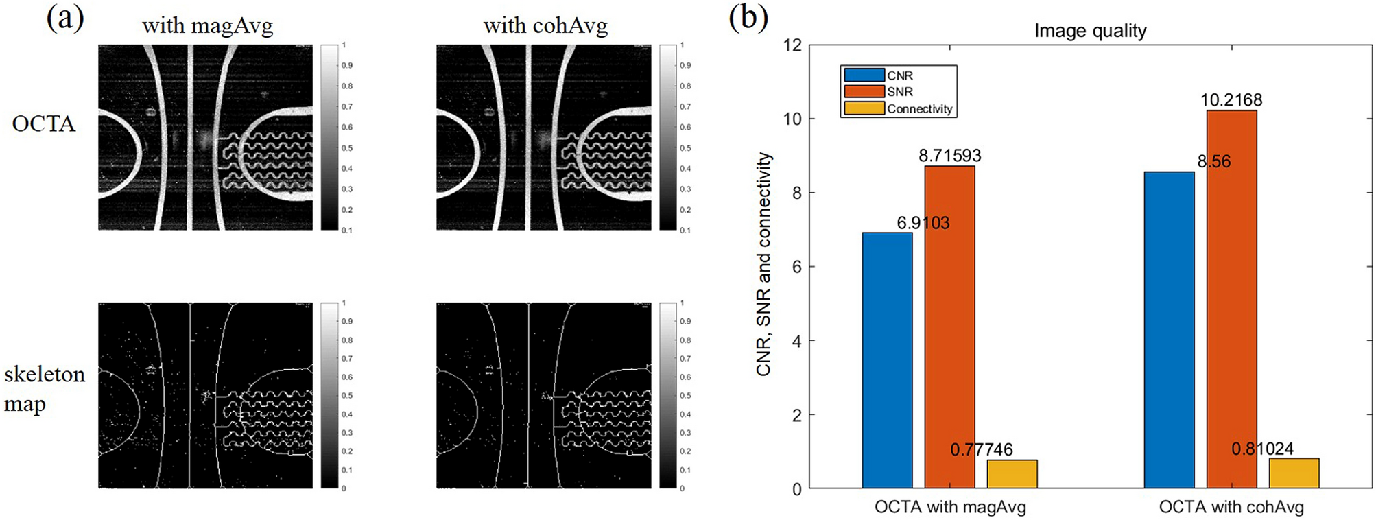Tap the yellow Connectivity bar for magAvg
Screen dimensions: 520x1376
(1012, 474)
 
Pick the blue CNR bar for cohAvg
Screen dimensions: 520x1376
(1169, 330)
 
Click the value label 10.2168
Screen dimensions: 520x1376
(1231, 100)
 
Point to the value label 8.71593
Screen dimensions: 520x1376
(949, 156)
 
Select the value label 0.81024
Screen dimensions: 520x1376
(1262, 449)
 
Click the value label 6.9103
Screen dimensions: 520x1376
(923, 223)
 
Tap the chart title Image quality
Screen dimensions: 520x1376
(1090, 31)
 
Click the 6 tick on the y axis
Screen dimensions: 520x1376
(796, 267)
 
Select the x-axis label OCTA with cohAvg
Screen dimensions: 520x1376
(1231, 507)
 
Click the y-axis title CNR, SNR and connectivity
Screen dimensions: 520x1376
(763, 264)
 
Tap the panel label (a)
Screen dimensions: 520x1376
(65, 19)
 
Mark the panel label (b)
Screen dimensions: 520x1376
(748, 19)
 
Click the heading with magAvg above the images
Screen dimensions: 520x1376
(207, 26)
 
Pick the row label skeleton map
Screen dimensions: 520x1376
(45, 389)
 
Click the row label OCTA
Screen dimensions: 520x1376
(43, 123)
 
